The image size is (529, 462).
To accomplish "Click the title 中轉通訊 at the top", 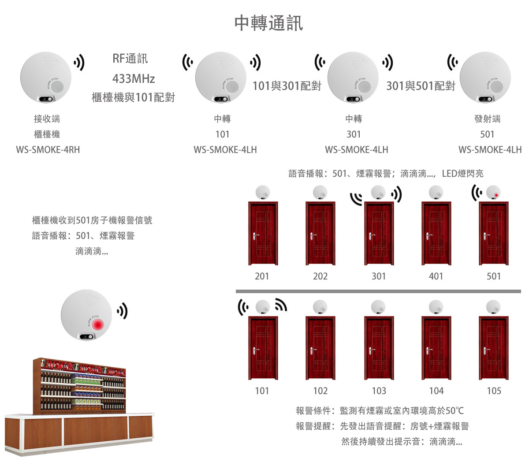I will point(268,23).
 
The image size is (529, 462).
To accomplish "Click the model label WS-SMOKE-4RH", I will point(48,149).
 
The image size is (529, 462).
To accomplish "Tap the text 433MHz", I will point(133,79).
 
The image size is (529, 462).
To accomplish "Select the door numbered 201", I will point(263,233).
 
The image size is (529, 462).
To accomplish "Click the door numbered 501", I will point(494,233).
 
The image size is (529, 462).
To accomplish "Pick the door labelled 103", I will point(379,348).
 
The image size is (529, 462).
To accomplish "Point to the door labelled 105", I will point(494,348).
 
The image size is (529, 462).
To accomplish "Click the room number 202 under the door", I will point(320,276).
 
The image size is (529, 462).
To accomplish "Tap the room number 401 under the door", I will point(436,276).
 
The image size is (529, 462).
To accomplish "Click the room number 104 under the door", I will point(436,391).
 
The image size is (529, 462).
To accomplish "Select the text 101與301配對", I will point(287,86).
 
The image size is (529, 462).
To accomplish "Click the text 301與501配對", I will point(421,86).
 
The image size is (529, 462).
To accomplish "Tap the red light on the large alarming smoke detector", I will point(97,324).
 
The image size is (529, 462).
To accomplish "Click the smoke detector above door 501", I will point(494,193).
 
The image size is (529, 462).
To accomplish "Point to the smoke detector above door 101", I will point(263,307).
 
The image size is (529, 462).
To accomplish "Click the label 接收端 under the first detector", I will point(47,119).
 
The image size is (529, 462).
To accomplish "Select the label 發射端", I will point(487,119).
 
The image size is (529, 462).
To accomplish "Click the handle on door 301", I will point(372,235).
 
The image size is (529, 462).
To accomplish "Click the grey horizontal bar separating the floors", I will point(378,291).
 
